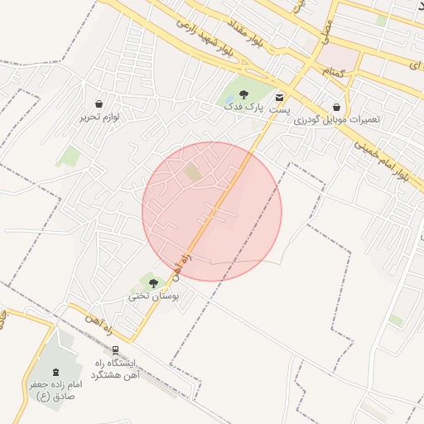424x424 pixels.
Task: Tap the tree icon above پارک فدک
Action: coord(243,94)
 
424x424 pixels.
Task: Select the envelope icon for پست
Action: coord(279,96)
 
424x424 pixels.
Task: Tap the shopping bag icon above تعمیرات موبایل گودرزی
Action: coord(336,107)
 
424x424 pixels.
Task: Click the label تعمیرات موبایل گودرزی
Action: coord(336,119)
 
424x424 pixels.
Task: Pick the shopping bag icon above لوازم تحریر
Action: coord(100,104)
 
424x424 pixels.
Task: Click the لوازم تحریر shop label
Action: coord(100,118)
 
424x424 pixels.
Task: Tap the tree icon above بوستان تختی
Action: coord(153,283)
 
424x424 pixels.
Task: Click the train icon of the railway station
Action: coord(115,350)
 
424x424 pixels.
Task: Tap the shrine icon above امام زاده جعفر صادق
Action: coord(55,373)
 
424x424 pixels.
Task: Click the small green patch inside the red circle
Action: coord(192,172)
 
